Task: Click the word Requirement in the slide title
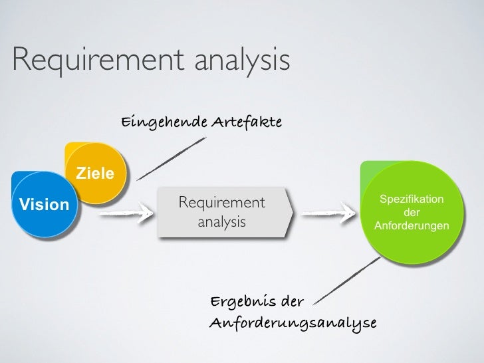pos(98,60)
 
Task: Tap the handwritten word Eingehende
pos(164,122)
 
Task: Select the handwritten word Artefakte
pos(247,122)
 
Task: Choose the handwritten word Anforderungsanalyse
pos(293,323)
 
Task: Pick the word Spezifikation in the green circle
pos(412,199)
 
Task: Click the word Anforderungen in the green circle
pos(412,227)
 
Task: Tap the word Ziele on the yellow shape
pos(96,174)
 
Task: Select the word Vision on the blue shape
pos(44,204)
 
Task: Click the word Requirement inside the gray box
pos(222,201)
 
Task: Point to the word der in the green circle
pos(412,213)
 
